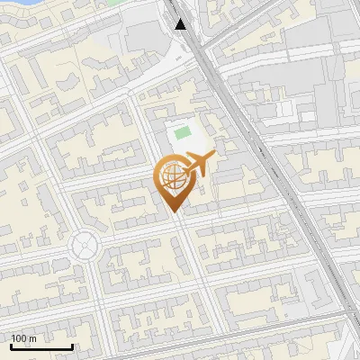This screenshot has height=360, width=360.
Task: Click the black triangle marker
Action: click(181, 24)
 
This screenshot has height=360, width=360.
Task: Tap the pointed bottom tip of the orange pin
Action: click(172, 211)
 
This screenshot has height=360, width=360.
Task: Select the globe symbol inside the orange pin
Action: click(172, 177)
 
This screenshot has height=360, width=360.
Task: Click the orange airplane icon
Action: click(198, 164)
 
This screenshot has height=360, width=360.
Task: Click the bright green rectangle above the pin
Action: click(184, 133)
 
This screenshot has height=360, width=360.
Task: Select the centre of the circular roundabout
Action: click(85, 244)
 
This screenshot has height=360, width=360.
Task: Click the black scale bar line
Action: click(41, 346)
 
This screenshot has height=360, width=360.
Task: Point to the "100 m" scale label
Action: click(24, 338)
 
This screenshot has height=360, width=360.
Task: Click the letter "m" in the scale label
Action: click(33, 338)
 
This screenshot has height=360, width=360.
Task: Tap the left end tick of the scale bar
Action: click(12, 345)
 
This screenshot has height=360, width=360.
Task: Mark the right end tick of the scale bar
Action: click(72, 345)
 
